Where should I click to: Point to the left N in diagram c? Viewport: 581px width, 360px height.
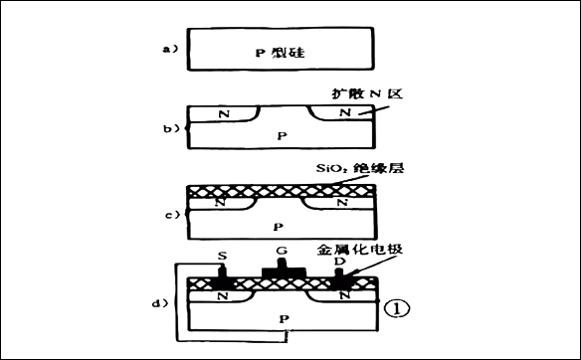click(220, 204)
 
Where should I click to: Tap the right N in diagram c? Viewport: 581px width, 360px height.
click(343, 204)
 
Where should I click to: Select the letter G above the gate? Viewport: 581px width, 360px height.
click(283, 250)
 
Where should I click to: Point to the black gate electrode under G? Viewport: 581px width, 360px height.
click(283, 270)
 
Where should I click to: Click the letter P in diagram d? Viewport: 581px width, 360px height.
click(286, 317)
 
